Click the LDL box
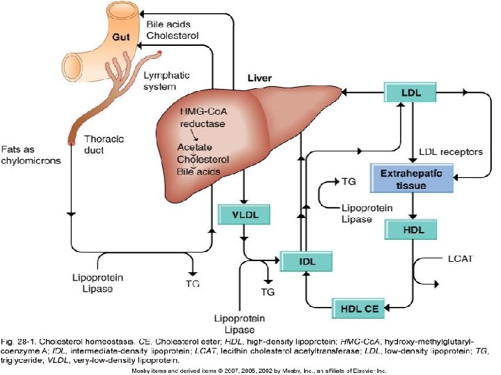pyautogui.click(x=411, y=92)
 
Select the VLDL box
pyautogui.click(x=244, y=215)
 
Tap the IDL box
pyautogui.click(x=305, y=261)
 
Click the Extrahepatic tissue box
pyautogui.click(x=411, y=178)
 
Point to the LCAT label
pyautogui.click(x=458, y=259)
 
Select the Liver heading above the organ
pyautogui.click(x=260, y=78)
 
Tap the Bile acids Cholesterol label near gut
pyautogui.click(x=173, y=29)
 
